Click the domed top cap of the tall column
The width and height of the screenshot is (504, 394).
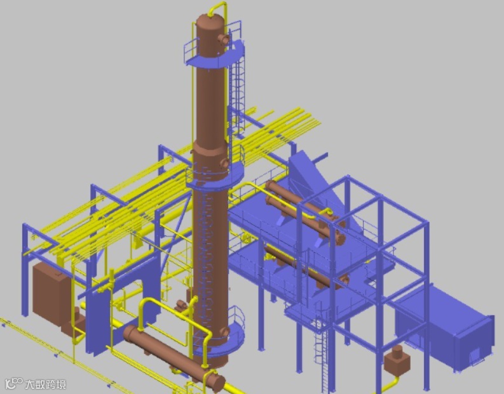pos(210,22)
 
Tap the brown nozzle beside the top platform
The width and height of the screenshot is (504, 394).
pos(224,39)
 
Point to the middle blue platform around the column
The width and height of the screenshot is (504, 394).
pos(215,176)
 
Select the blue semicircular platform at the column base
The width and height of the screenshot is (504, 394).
pos(222,340)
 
